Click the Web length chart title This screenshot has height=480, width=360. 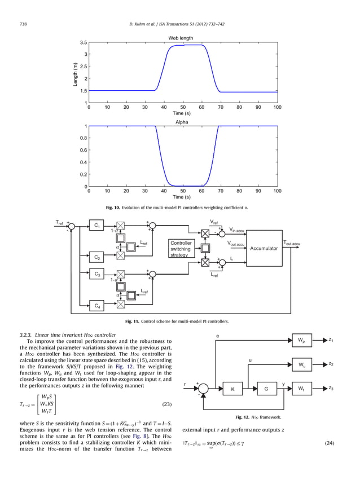point(181,38)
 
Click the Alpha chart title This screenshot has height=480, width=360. point(182,122)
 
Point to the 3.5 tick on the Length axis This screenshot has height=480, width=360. point(83,43)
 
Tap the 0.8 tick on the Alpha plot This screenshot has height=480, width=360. point(83,138)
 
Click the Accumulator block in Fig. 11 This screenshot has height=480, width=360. point(264,248)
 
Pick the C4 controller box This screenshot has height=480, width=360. point(98,306)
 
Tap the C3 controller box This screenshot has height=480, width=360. point(98,275)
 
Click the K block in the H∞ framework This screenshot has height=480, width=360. point(232,389)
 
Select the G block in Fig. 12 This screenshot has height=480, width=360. point(266,389)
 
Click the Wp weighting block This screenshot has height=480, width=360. point(302,341)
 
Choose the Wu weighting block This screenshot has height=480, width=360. point(302,365)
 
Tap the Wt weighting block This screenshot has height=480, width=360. point(302,389)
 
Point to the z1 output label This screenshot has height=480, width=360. point(332,340)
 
